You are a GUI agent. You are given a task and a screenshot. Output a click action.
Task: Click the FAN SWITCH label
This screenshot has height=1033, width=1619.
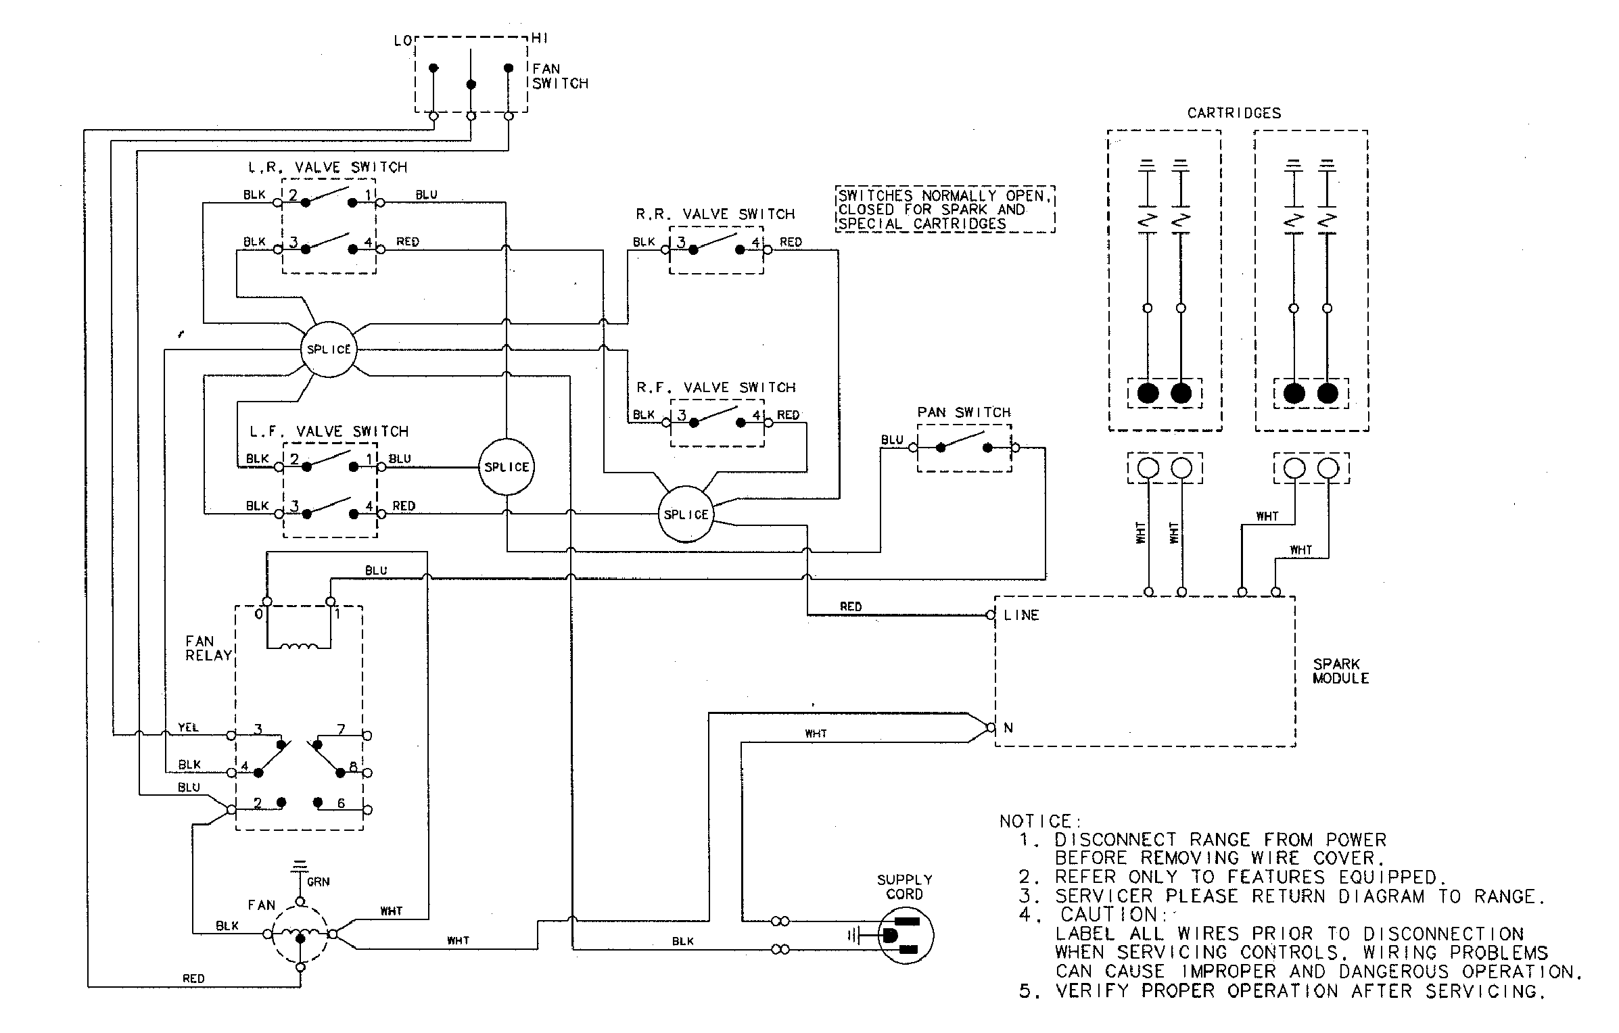559,76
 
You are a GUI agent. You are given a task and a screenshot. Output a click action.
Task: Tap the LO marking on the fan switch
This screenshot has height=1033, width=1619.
402,41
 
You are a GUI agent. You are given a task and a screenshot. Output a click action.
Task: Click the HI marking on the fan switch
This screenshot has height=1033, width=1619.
540,39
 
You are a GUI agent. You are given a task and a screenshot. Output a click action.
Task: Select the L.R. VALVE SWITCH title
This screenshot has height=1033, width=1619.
328,167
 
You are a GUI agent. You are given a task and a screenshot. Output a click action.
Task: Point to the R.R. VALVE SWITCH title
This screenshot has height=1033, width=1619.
715,214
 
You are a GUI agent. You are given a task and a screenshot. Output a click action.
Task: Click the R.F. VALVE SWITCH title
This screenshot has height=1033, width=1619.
715,387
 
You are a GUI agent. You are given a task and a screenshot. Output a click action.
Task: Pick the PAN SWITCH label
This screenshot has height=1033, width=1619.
963,412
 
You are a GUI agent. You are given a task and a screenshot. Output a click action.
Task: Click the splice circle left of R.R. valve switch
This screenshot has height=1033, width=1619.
328,350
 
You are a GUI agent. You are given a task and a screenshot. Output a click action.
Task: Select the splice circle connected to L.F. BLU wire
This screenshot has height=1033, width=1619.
506,467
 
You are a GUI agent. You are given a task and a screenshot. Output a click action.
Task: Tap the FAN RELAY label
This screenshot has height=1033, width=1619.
209,648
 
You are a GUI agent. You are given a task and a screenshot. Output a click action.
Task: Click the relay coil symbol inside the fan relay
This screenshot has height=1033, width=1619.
299,647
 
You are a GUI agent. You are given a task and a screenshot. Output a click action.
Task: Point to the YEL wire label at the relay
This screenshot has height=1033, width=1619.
188,727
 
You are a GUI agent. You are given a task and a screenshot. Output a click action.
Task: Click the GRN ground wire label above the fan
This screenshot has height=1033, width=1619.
318,882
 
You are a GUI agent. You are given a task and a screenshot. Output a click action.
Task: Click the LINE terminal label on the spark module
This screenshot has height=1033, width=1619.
1021,615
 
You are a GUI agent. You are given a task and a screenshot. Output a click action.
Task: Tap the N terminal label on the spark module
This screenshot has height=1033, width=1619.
1008,728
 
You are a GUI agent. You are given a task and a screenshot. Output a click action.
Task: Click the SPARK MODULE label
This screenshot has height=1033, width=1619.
1340,671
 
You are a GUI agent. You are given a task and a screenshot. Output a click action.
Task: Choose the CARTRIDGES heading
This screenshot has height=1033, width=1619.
1234,114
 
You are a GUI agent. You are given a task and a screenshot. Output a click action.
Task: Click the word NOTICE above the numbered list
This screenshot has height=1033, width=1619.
1039,821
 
